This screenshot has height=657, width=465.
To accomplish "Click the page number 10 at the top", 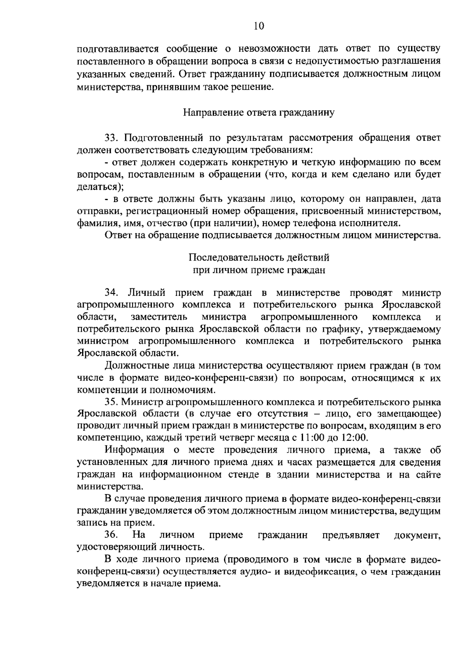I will [258, 26].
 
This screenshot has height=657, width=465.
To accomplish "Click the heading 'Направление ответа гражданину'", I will [258, 113].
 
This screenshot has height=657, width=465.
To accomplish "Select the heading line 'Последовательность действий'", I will [259, 257].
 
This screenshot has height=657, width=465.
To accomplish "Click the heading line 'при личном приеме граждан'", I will [259, 270].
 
